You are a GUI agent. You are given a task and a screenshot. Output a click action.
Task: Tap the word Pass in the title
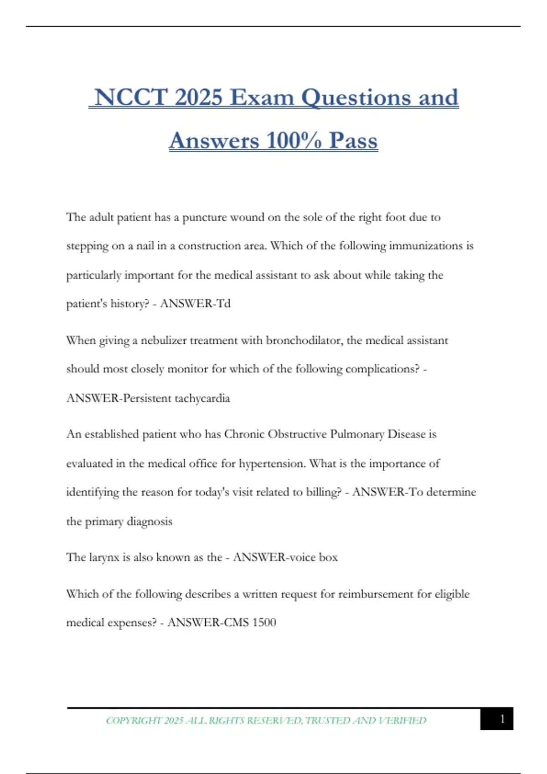coord(353,140)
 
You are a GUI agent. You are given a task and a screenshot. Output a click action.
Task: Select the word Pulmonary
coord(357,434)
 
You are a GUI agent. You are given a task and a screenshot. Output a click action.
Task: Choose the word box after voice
coord(328,557)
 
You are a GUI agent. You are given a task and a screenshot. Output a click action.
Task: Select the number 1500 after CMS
coord(264,622)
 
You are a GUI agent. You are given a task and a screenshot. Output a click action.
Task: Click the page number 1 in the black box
coord(502,719)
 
